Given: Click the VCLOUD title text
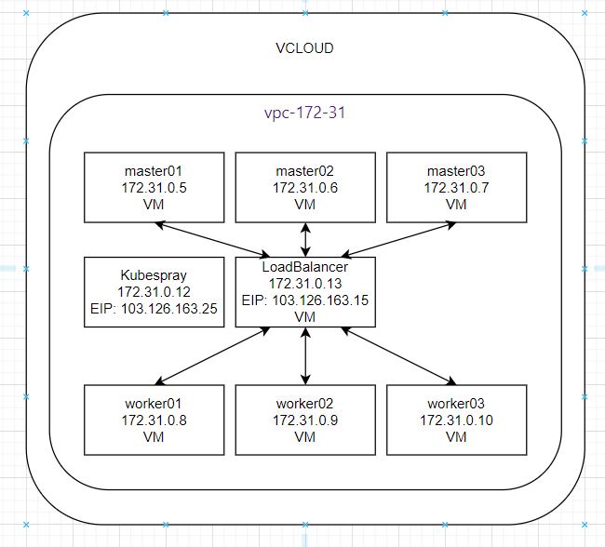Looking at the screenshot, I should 305,48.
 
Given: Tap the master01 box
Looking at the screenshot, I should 154,187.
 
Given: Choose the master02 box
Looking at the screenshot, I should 304,187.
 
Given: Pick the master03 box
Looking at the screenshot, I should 455,187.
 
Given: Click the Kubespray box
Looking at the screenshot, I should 154,292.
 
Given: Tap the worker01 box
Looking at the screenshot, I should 154,420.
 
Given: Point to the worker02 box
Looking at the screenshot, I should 304,420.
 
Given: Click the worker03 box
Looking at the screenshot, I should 455,420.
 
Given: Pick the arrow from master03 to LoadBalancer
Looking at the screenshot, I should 400,239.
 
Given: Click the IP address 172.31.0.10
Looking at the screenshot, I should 455,420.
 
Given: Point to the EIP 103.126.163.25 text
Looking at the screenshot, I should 154,309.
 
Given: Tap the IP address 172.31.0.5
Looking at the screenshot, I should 154,188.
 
